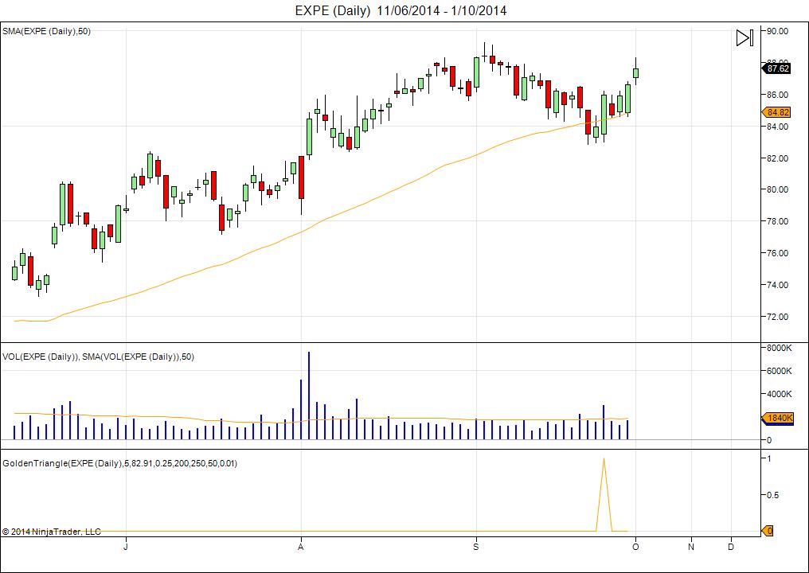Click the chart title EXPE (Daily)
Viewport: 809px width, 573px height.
click(333, 10)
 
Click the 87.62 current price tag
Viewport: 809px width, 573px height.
click(777, 68)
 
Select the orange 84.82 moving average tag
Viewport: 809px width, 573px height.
click(777, 112)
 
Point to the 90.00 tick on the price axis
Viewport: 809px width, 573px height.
click(777, 31)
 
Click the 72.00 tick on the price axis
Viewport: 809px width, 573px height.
click(777, 317)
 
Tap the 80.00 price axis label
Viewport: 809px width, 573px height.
click(777, 189)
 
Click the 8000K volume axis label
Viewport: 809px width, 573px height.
click(779, 348)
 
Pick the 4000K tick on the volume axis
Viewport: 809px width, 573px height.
click(779, 394)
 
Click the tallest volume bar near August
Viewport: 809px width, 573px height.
click(309, 394)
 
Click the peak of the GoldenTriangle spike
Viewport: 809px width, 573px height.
click(604, 459)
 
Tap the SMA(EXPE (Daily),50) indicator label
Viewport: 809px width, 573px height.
click(45, 31)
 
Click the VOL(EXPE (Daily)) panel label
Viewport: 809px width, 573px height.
click(41, 357)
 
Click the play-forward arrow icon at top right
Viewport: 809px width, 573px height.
click(744, 37)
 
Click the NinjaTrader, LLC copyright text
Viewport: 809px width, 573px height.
click(52, 532)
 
